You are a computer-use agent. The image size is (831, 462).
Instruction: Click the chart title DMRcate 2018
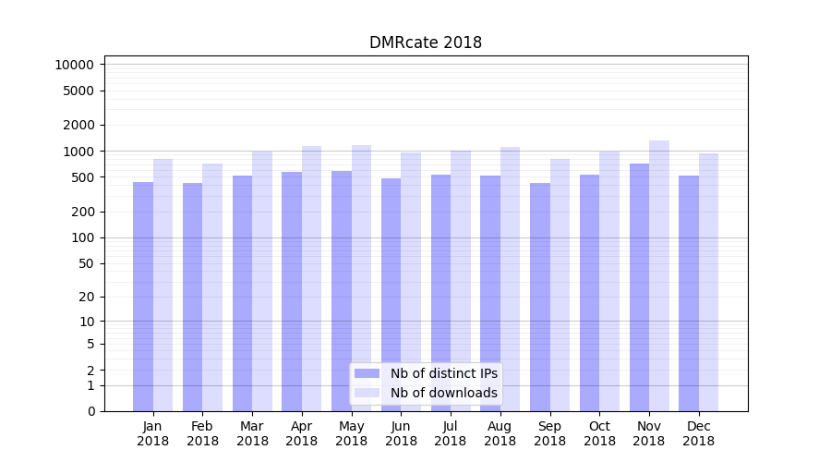(425, 43)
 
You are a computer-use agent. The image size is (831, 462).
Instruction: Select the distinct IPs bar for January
(143, 296)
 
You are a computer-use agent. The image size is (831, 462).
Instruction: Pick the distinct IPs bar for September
(540, 297)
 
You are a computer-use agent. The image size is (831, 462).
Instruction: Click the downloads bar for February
(212, 287)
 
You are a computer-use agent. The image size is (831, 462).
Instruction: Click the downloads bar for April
(312, 278)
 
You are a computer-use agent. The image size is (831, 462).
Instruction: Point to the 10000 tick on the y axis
(74, 65)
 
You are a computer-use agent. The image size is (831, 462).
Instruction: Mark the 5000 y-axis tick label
(78, 91)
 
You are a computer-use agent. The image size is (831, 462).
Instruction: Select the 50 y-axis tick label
(85, 263)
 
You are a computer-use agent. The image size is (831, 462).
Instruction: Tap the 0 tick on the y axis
(90, 411)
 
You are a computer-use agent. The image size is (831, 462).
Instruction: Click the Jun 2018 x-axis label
(401, 433)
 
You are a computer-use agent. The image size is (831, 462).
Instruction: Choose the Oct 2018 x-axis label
(599, 433)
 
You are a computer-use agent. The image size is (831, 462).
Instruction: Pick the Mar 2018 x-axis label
(252, 433)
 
